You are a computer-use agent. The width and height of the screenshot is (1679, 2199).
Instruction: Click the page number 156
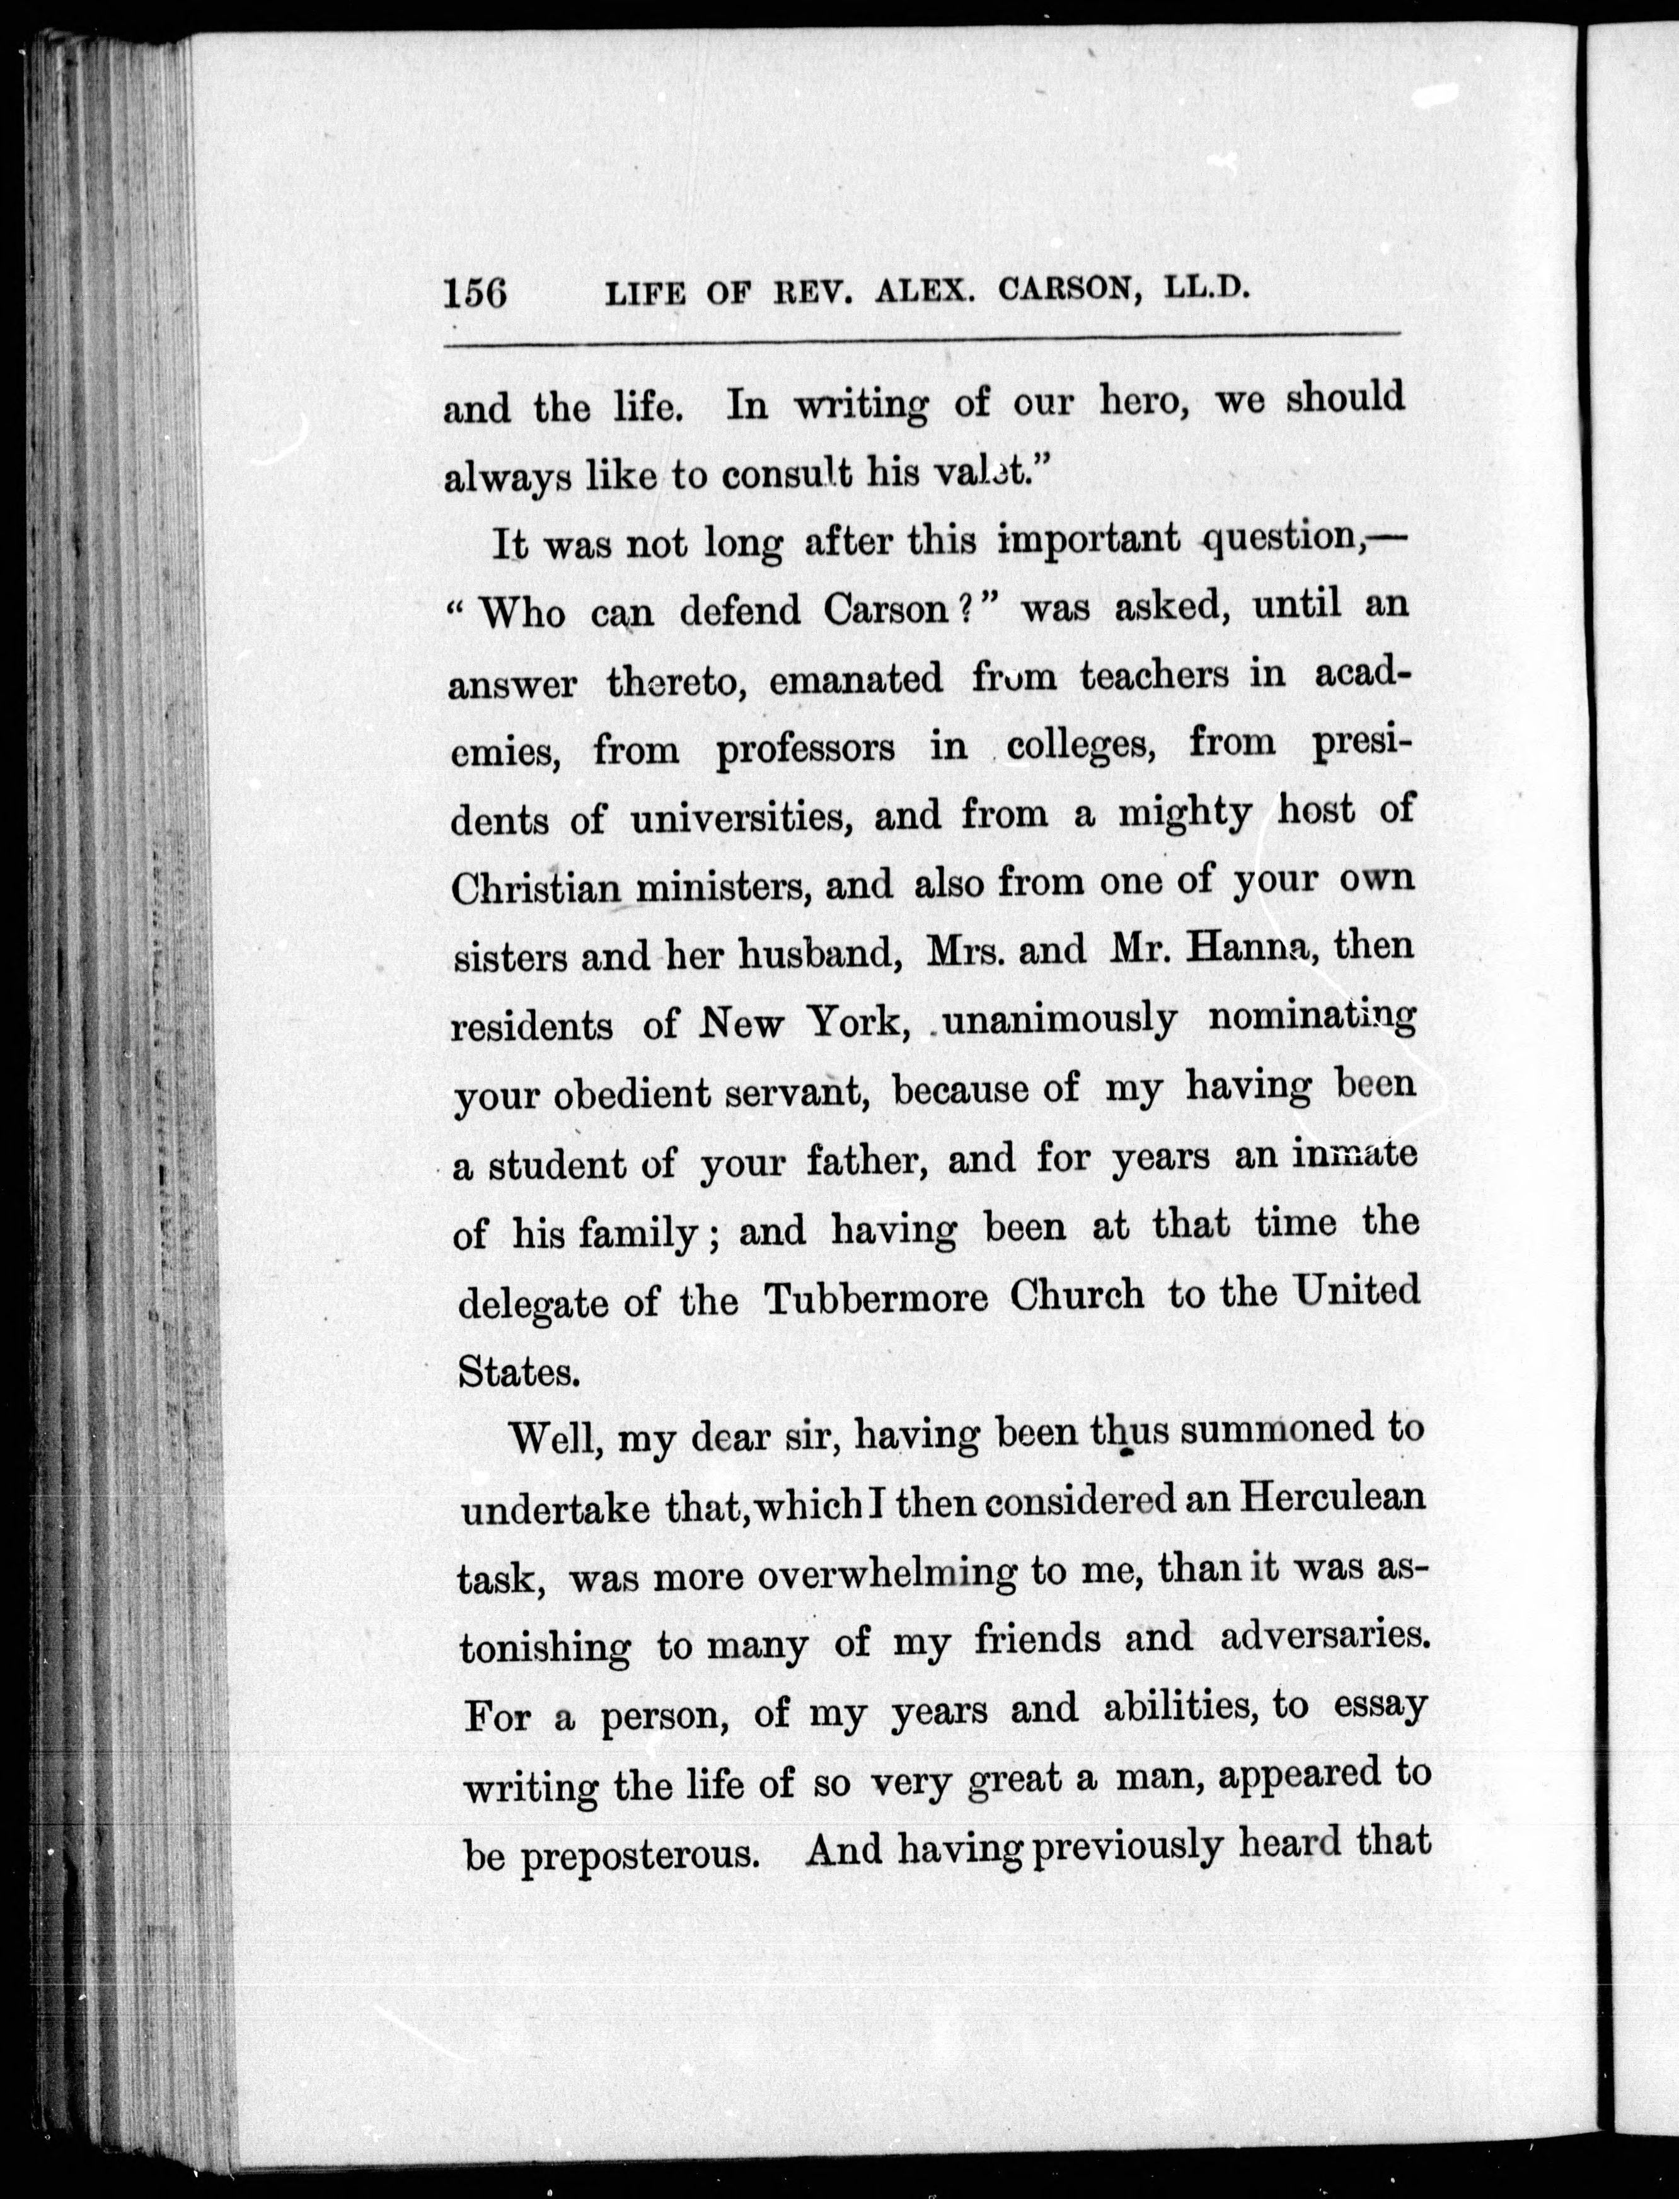tap(476, 293)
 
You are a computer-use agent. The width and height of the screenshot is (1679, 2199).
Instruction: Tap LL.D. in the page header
tap(1208, 288)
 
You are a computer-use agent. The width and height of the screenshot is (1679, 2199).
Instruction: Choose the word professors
tap(805, 750)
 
